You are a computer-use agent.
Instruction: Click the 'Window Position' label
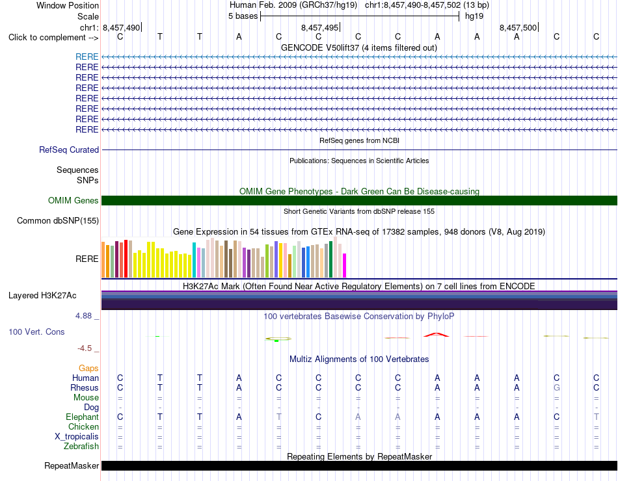68,5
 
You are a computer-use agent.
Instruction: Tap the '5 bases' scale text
243,16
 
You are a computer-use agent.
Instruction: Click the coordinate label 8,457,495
319,27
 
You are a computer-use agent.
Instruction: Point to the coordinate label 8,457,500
518,27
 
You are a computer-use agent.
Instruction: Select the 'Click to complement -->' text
53,38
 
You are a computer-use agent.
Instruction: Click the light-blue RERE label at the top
87,57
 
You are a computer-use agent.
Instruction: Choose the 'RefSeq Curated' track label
69,149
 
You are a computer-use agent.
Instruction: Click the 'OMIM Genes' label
74,200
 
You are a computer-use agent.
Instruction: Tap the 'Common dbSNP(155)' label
58,220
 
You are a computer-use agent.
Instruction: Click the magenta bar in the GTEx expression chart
345,265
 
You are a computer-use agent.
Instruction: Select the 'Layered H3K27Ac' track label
42,296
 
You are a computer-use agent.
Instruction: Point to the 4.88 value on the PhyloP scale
83,316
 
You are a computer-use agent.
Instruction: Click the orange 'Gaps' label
88,368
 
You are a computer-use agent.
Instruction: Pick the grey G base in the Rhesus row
556,387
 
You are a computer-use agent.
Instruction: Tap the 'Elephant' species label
82,417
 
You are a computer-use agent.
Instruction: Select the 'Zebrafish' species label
81,447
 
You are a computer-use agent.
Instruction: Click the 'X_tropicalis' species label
77,437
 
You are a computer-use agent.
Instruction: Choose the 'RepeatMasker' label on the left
72,465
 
